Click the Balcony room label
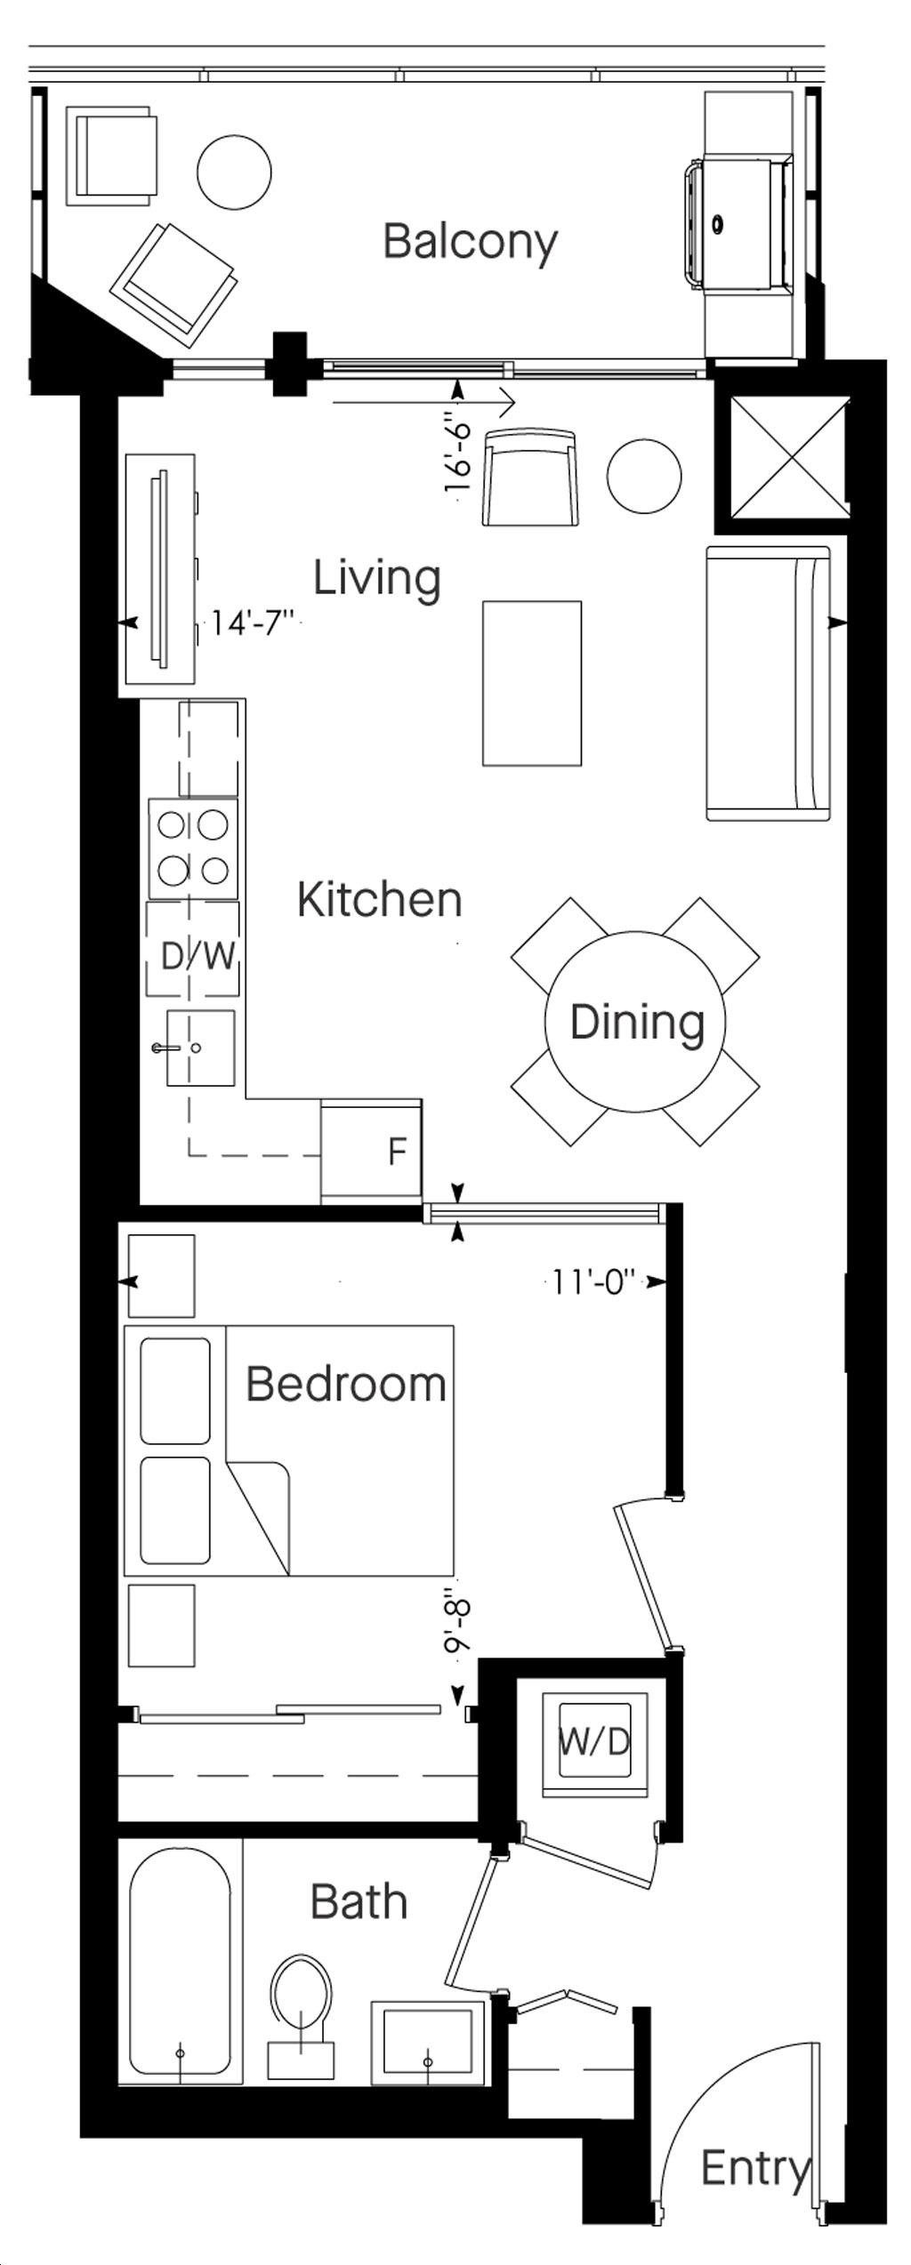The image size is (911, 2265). coord(470,242)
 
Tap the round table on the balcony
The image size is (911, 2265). coord(234,173)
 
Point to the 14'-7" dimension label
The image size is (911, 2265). coord(253,623)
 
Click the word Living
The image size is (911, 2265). coord(377,578)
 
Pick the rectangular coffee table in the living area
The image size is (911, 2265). coord(532,683)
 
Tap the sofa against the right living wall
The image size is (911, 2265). coord(769,683)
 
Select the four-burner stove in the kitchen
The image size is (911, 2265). coord(193,848)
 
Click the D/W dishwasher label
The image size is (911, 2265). coord(198,956)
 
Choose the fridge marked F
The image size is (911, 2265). coord(371,1152)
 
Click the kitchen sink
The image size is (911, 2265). coord(200,1048)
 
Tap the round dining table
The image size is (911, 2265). coord(635,1022)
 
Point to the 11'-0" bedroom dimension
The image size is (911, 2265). coord(594,1281)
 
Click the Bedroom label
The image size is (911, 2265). coord(346,1385)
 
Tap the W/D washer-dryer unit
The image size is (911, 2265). coord(594,1743)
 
